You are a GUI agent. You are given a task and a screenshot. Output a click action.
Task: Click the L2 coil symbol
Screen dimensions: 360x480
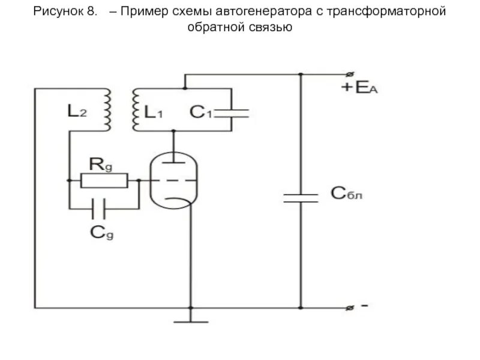108,110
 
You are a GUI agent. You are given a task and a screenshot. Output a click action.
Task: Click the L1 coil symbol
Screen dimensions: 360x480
136,110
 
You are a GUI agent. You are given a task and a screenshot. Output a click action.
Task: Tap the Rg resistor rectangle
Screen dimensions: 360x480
104,180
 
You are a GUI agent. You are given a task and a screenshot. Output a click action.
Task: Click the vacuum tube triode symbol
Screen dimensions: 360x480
174,179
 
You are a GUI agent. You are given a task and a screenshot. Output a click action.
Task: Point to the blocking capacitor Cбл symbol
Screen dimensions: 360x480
301,198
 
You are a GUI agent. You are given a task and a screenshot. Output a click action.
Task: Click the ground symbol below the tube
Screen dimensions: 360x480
191,321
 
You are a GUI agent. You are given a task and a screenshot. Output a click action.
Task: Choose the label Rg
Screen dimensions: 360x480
100,163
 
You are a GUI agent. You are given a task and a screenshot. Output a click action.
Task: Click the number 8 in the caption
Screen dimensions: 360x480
92,12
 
